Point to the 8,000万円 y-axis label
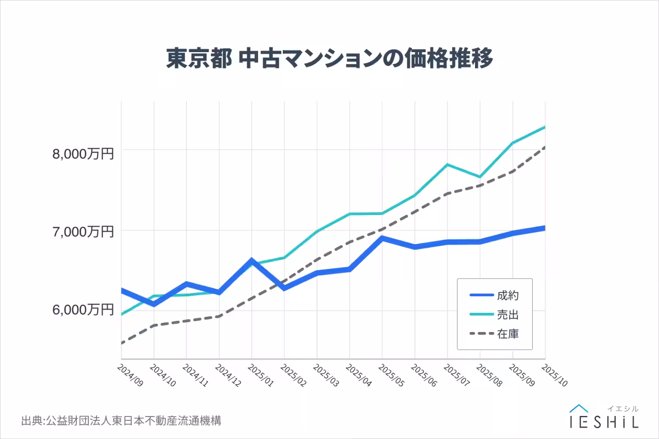click(x=83, y=154)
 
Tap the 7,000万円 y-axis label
click(x=83, y=232)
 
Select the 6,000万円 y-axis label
click(x=83, y=310)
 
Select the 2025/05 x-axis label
click(x=391, y=374)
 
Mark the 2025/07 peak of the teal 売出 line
click(x=448, y=165)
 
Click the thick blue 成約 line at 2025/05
click(x=382, y=238)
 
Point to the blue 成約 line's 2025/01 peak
click(x=252, y=260)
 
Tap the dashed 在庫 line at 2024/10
click(x=154, y=325)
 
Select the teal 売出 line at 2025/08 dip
click(x=480, y=177)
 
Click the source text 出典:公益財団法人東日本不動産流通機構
click(x=121, y=421)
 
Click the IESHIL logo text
click(x=604, y=421)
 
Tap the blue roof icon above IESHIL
click(x=579, y=408)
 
